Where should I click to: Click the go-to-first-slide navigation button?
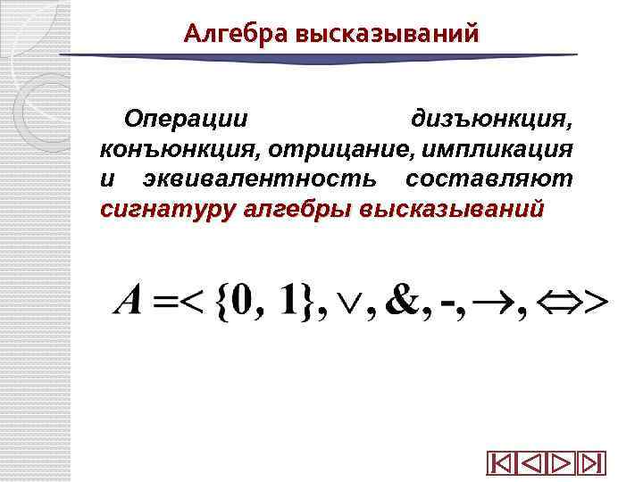(x=500, y=463)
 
